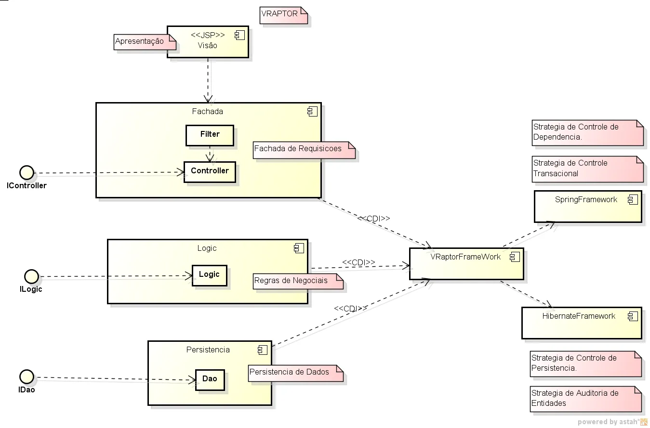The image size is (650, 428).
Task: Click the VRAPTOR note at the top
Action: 283,15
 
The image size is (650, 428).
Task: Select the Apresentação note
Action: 145,42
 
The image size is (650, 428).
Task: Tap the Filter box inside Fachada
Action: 210,135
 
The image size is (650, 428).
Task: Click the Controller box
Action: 210,172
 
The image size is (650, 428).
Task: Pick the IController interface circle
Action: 27,172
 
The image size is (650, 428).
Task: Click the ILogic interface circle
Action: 31,276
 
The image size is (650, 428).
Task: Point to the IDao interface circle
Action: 27,376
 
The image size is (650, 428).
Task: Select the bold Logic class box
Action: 209,275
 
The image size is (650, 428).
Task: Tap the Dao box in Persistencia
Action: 210,380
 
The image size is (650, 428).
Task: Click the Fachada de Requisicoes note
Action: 304,150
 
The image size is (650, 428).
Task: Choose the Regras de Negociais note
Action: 298,281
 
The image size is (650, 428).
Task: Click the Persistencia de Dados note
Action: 296,373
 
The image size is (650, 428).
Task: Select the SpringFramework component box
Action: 588,207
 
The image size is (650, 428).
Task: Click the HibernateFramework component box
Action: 582,323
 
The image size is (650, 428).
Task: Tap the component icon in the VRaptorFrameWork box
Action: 515,257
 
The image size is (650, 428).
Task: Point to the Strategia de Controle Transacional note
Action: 588,169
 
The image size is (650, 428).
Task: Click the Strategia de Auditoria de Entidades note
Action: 585,399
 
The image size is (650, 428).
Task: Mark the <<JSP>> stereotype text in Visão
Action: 208,35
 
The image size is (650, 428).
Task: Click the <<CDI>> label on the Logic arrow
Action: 358,262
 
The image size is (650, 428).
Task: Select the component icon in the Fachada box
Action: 313,112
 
